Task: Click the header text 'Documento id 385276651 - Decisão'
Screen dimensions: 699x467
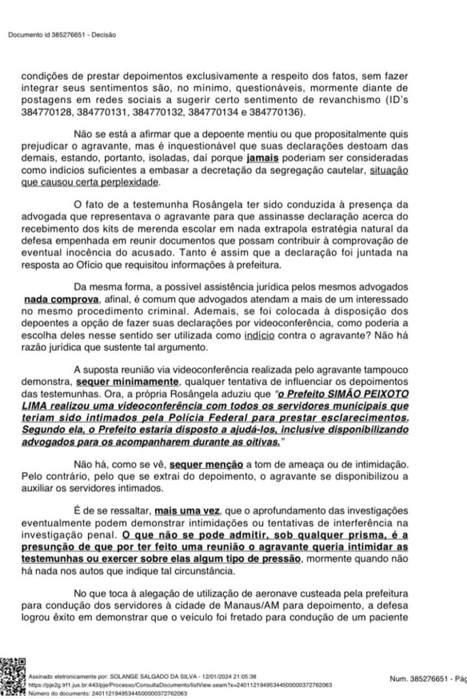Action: (62, 35)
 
